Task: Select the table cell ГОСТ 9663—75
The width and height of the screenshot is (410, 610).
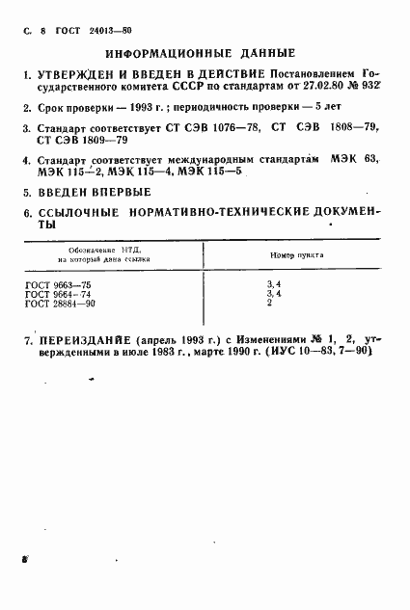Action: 59,286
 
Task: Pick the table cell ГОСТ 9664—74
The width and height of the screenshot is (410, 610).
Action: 59,295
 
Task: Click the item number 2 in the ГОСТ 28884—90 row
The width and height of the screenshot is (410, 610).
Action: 269,304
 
